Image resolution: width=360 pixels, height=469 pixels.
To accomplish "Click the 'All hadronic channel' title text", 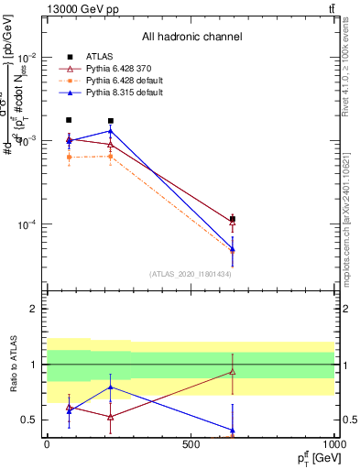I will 191,37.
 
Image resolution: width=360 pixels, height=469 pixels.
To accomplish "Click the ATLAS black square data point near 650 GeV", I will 233,220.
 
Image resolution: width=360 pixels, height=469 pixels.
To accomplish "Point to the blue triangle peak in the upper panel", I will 110,131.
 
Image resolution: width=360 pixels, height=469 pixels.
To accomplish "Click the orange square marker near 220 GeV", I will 110,156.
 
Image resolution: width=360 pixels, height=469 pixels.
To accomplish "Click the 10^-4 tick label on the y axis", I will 28,225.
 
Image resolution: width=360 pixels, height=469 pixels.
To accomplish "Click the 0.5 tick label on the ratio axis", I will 31,420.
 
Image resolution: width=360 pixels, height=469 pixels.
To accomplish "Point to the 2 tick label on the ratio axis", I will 35,310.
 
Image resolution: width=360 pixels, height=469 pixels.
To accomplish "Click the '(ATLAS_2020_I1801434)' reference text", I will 191,274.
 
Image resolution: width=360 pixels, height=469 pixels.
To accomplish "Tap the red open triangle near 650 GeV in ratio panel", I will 233,371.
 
